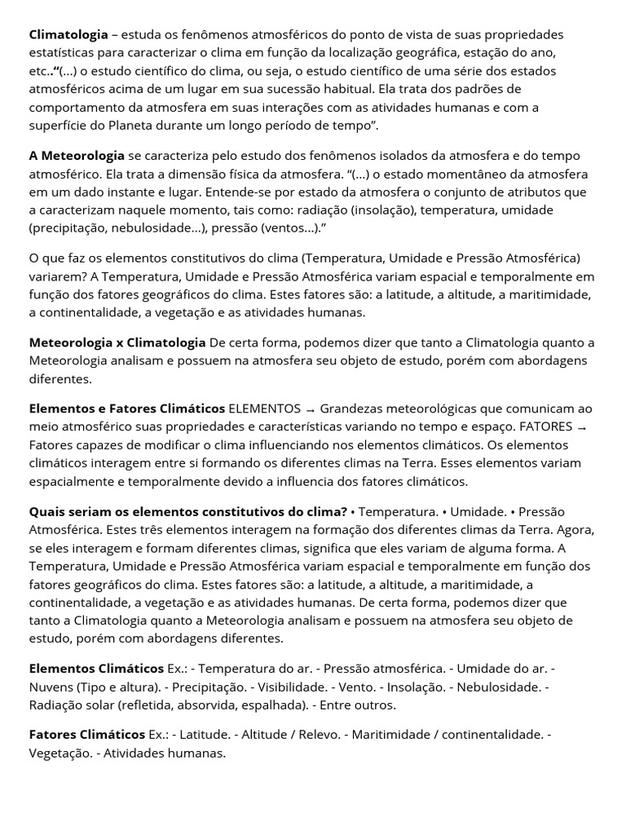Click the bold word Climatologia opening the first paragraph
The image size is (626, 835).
click(x=68, y=34)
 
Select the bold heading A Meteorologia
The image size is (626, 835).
click(x=77, y=156)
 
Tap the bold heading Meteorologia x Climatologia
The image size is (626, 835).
click(x=117, y=342)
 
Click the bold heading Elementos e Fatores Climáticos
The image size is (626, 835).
click(x=127, y=409)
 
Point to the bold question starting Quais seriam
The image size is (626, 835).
click(x=188, y=512)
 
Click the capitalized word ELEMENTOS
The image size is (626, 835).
click(x=265, y=409)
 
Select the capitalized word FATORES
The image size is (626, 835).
click(x=545, y=427)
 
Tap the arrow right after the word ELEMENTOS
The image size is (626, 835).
click(x=310, y=409)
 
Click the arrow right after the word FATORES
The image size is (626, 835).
click(x=581, y=428)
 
